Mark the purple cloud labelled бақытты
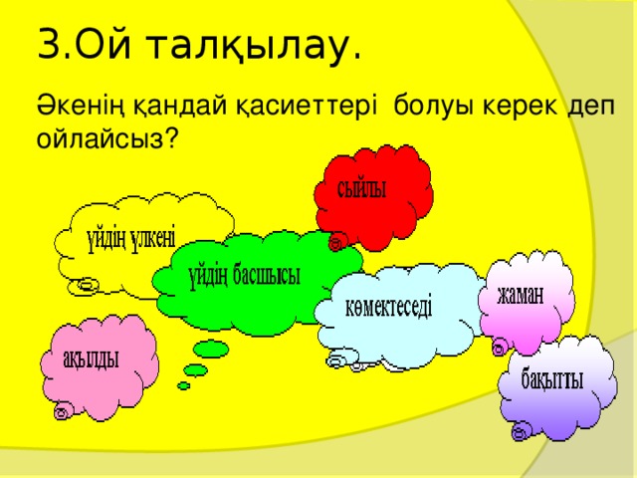click(552, 383)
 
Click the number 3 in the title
click(48, 46)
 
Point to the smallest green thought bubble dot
click(183, 385)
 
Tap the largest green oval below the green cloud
click(211, 350)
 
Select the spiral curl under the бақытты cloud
click(518, 433)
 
